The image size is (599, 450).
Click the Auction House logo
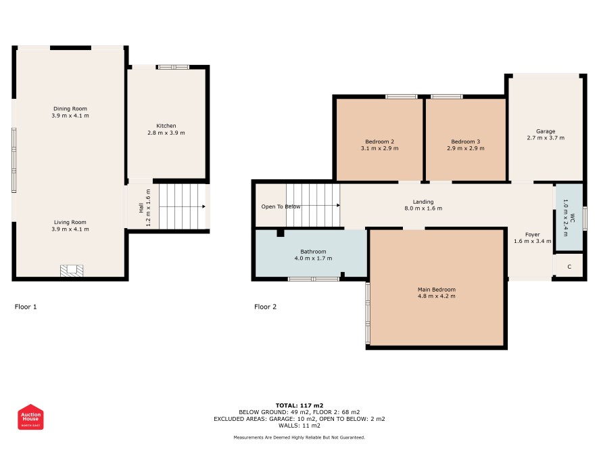tap(30, 417)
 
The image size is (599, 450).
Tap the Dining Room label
tap(70, 108)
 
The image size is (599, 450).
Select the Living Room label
tap(70, 222)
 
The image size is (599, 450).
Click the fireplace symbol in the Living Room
tap(72, 270)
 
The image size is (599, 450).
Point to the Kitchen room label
tap(166, 126)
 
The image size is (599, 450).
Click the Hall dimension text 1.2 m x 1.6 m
tap(148, 208)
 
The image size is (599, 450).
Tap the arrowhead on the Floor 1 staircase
tap(204, 206)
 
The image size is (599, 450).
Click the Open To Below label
tap(281, 206)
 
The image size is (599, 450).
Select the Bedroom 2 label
tap(380, 141)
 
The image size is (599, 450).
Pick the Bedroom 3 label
tap(466, 141)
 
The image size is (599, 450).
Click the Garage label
tap(546, 131)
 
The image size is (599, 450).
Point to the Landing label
tap(423, 202)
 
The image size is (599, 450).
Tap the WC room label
tap(572, 218)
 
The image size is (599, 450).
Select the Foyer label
tap(533, 234)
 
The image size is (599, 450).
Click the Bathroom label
tap(313, 252)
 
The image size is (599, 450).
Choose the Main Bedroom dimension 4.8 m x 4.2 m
tap(437, 296)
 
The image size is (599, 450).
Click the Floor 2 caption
tap(265, 307)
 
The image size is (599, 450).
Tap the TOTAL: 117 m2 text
tap(299, 405)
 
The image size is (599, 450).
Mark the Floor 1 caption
tap(26, 307)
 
